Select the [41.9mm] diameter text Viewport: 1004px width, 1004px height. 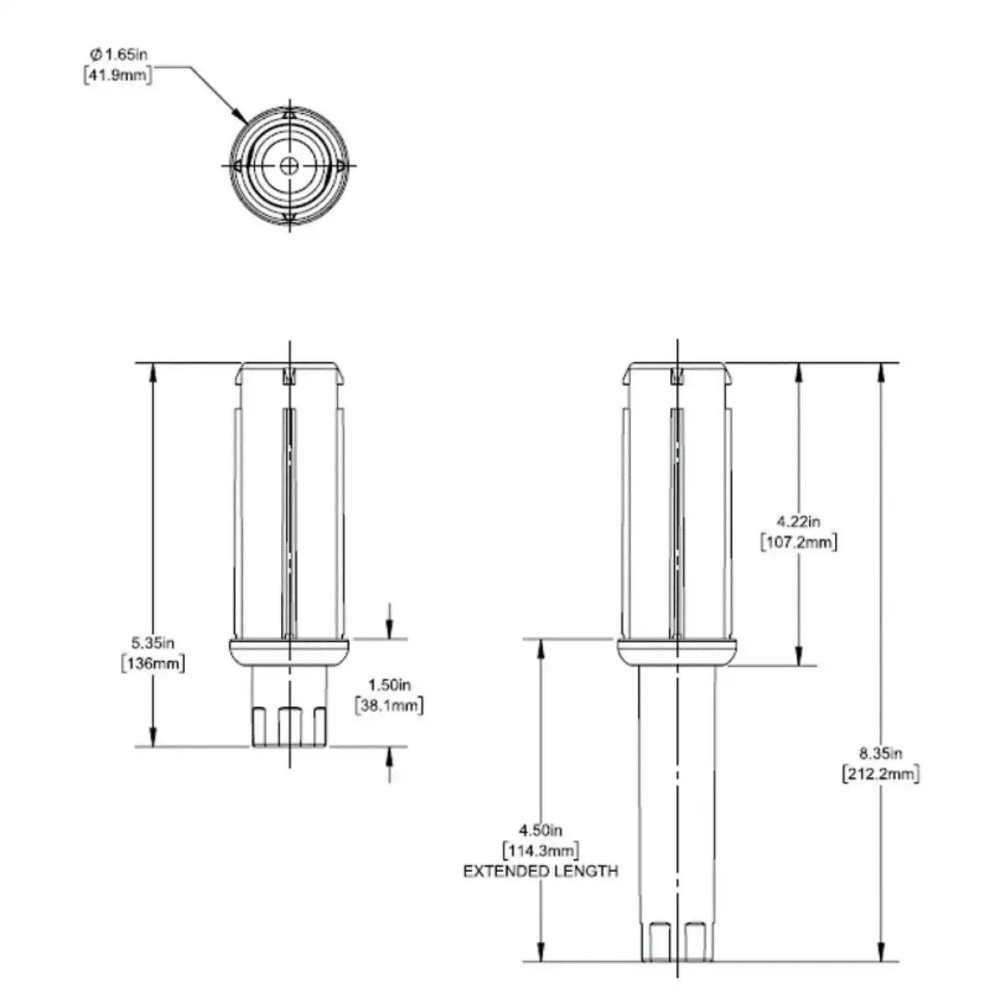(x=118, y=78)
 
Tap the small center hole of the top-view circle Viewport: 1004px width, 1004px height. (x=289, y=165)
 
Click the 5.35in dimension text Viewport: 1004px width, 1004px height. (x=152, y=643)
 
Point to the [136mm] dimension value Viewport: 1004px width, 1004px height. (x=153, y=664)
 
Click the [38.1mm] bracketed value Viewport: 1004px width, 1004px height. (x=389, y=705)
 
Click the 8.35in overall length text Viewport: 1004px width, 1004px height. (x=880, y=752)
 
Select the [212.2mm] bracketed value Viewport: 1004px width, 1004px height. (x=880, y=774)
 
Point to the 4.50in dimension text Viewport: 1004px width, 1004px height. (x=540, y=830)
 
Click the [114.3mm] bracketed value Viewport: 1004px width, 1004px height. (x=540, y=851)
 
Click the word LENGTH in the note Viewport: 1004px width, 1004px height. (x=587, y=872)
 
